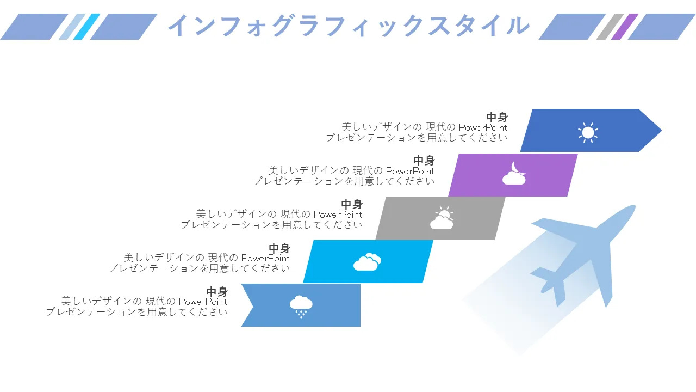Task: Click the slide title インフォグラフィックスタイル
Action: point(349,26)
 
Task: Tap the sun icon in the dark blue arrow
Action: point(588,132)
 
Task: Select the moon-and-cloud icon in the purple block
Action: point(514,173)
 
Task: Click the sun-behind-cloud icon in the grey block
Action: point(442,218)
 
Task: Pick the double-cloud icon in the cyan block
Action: point(367,262)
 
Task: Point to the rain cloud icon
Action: point(301,307)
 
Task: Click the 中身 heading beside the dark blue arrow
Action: point(497,117)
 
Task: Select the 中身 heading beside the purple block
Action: point(424,161)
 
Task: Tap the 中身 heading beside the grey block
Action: point(352,204)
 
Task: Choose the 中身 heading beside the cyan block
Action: point(279,248)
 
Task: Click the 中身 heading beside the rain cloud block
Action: point(217,292)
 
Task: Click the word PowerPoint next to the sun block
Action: point(483,127)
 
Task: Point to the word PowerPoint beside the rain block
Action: point(203,302)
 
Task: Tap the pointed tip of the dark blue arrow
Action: point(662,130)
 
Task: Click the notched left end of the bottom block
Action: point(253,305)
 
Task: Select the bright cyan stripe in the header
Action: point(86,27)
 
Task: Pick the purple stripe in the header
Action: point(625,27)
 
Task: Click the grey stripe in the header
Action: point(610,27)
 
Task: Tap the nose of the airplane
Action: point(632,207)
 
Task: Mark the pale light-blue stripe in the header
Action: point(72,27)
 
